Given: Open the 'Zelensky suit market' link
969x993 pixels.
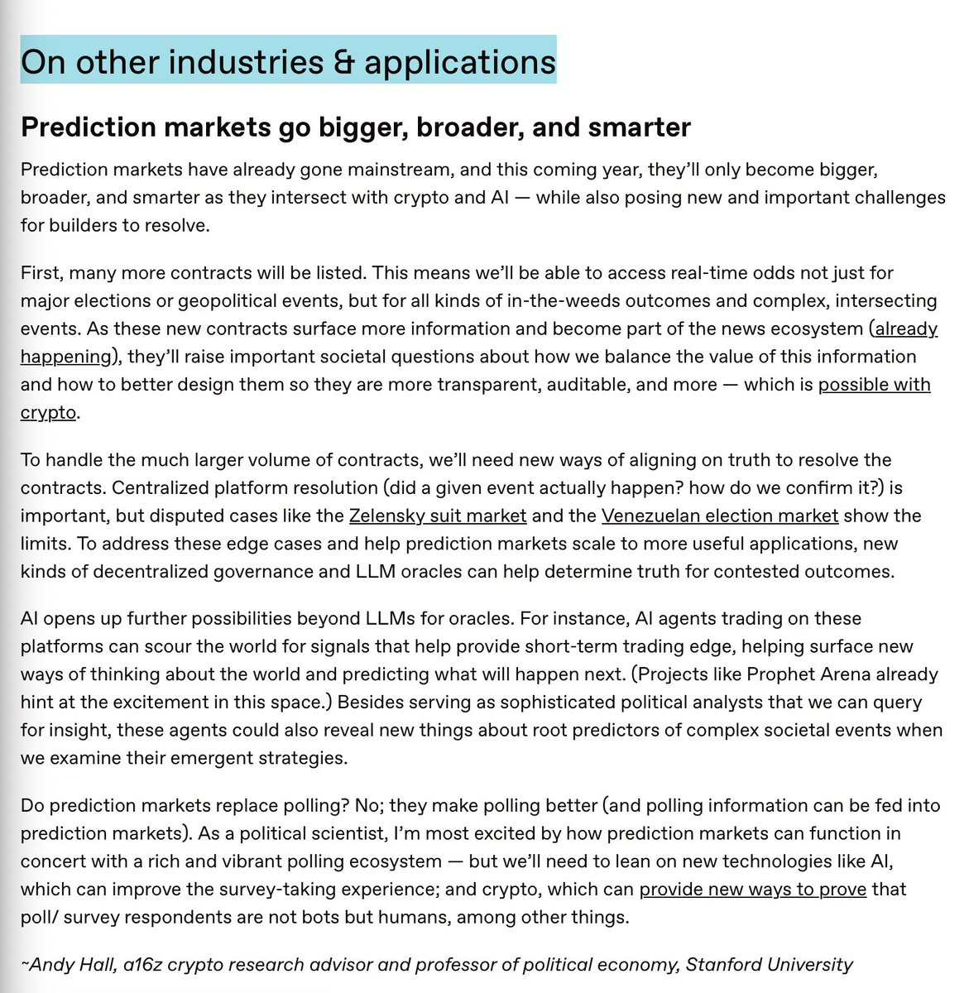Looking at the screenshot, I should pyautogui.click(x=438, y=516).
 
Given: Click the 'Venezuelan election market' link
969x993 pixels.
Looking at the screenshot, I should pyautogui.click(x=720, y=516).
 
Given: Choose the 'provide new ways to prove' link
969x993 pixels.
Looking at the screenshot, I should pyautogui.click(x=753, y=890).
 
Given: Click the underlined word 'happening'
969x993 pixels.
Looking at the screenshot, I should pyautogui.click(x=65, y=357).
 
